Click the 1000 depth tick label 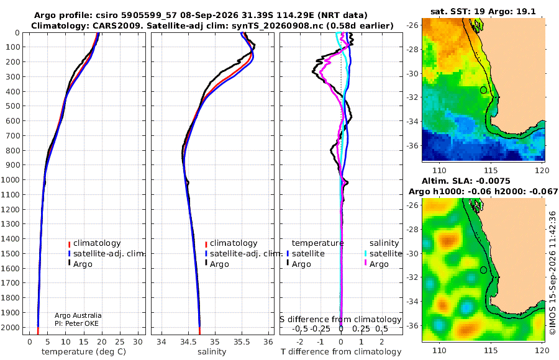click(10, 179)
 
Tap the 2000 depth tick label click(10, 327)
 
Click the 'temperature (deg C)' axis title click(84, 352)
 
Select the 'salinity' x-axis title click(212, 352)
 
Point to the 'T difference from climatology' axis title click(341, 352)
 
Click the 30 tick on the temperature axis click(138, 342)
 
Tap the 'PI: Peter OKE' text click(76, 323)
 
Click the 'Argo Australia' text click(78, 315)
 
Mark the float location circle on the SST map click(483, 90)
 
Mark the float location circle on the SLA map click(483, 270)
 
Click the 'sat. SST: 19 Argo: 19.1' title click(483, 11)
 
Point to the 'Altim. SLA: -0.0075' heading click(466, 181)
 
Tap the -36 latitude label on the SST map click(413, 145)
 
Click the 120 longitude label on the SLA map click(542, 351)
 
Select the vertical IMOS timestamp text click(553, 272)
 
